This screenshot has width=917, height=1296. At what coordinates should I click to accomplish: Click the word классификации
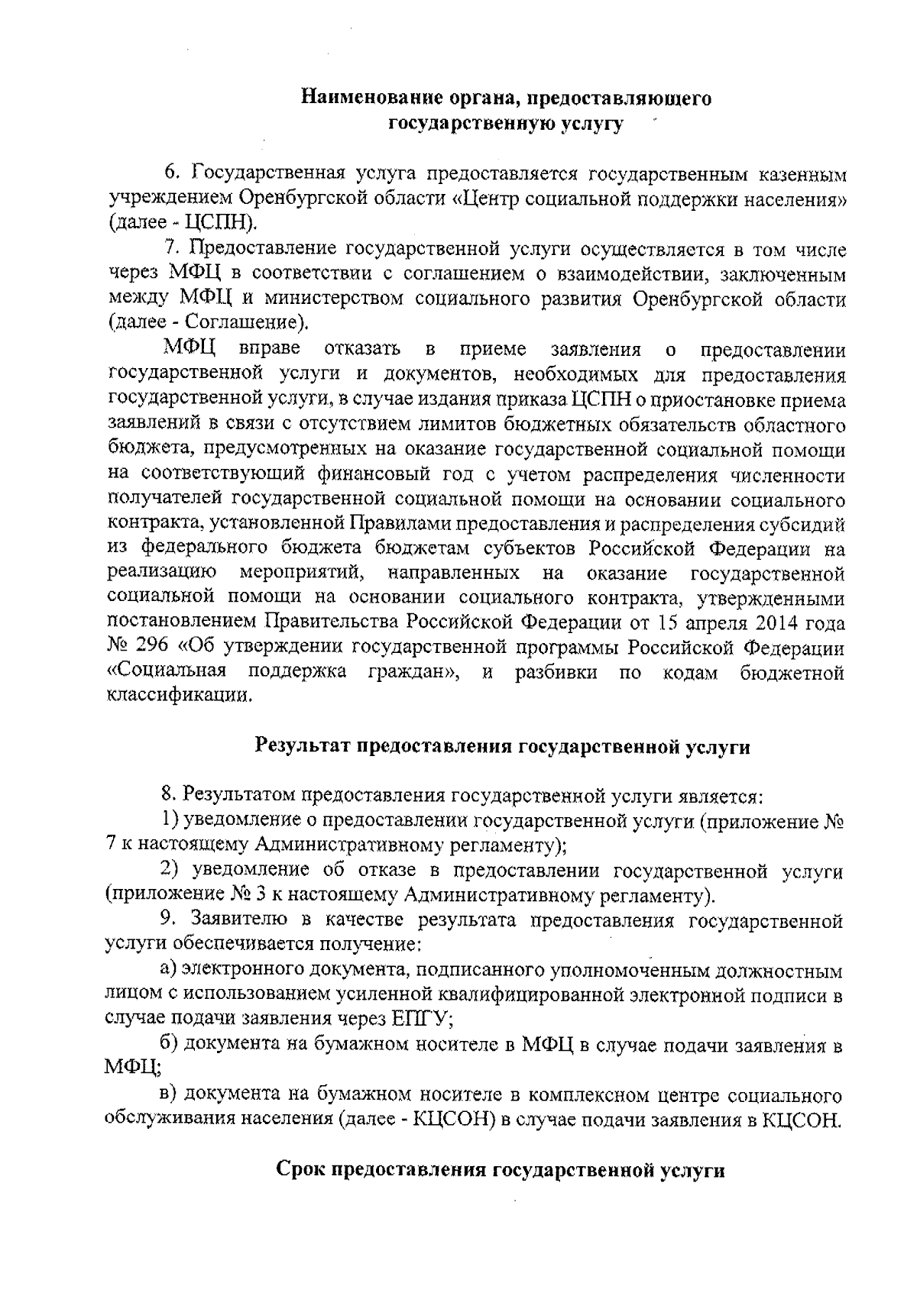click(179, 697)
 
